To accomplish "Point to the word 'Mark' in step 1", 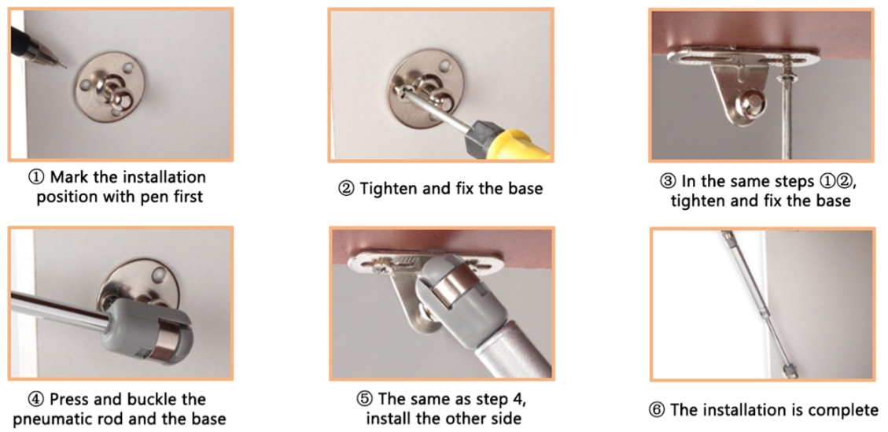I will (x=68, y=177).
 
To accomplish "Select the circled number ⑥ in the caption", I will (x=657, y=410).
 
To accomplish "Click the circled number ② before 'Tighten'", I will (x=345, y=189).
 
